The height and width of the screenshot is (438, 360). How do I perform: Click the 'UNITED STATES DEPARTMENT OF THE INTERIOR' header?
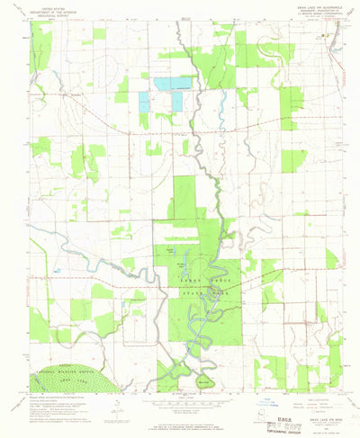[x=53, y=11]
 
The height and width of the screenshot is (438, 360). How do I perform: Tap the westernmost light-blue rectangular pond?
[x=144, y=100]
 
